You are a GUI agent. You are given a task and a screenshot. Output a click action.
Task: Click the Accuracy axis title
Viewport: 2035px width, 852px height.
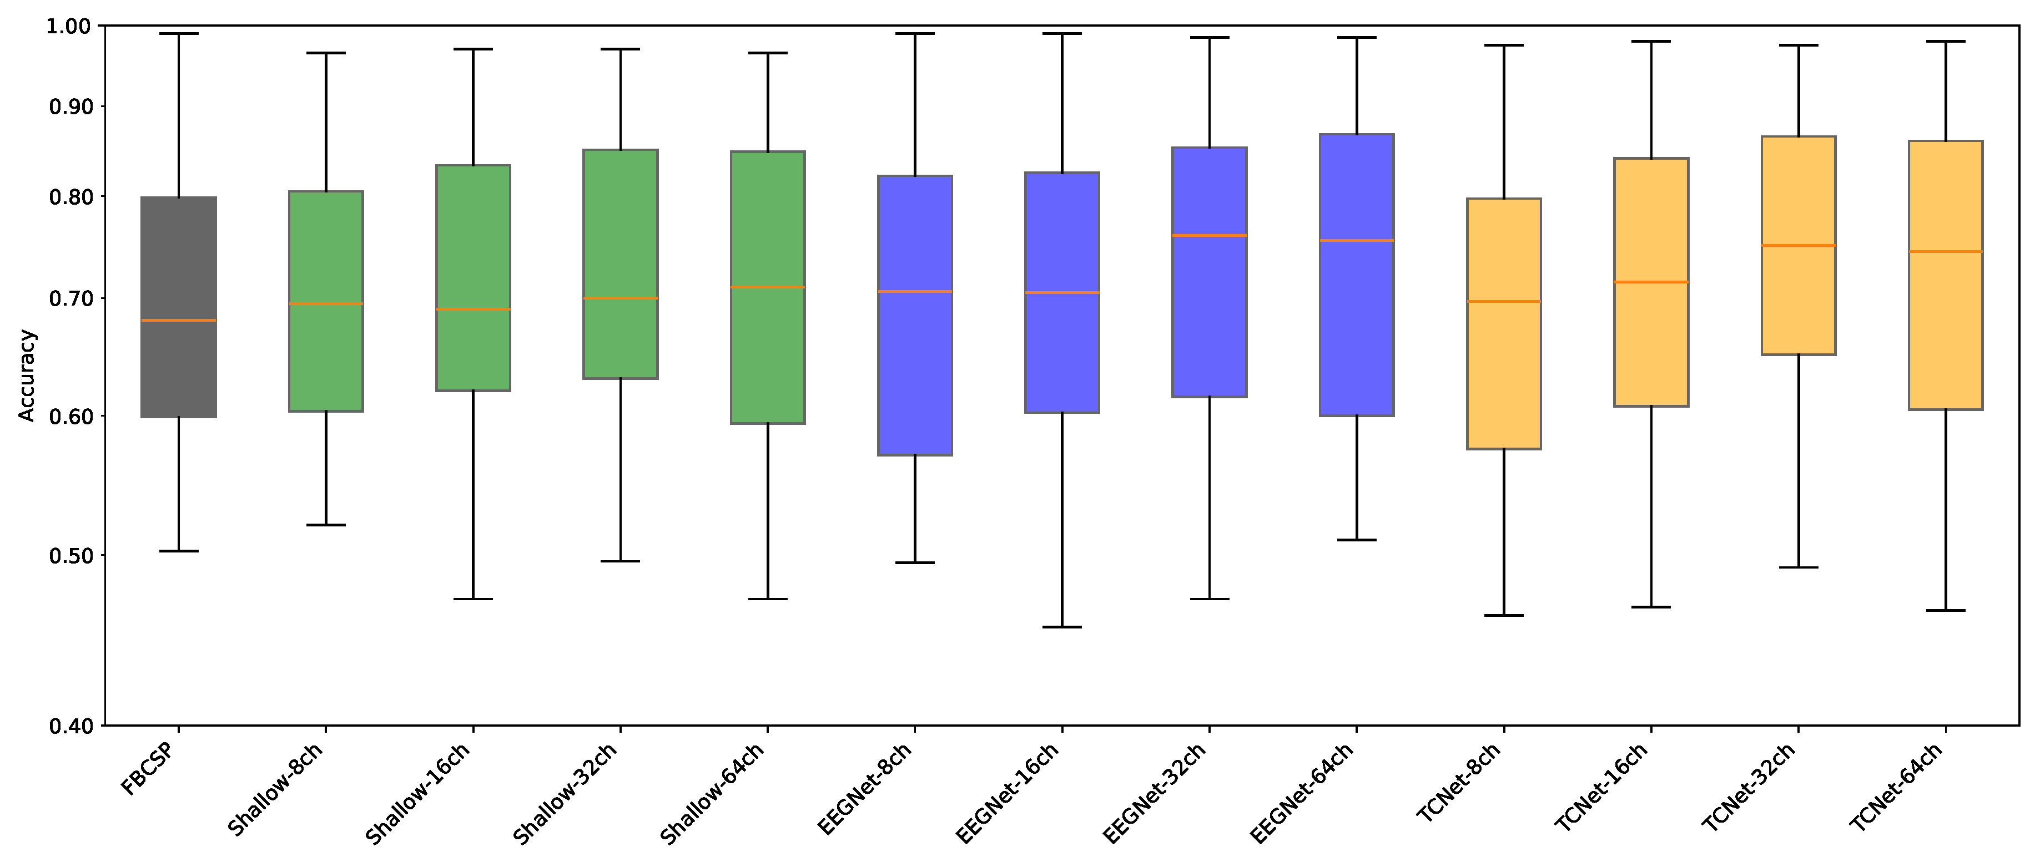tap(27, 375)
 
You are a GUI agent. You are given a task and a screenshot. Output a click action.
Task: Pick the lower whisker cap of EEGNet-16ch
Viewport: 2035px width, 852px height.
tap(1062, 627)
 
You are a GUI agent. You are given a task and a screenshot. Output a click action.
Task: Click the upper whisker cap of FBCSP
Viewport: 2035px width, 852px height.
tap(179, 34)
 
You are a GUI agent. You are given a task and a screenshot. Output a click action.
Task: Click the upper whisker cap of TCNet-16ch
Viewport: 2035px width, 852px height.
tap(1651, 41)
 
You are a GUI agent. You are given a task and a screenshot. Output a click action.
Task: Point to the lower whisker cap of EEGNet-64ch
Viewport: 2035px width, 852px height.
tap(1357, 540)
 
